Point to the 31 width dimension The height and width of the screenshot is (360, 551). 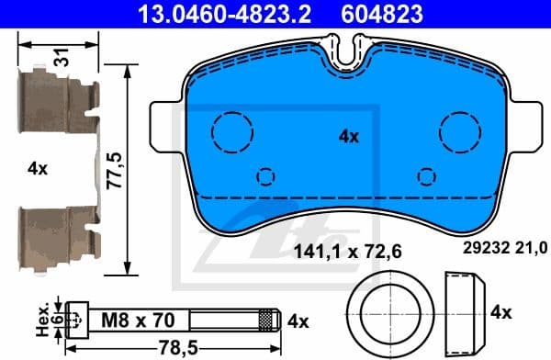(61, 57)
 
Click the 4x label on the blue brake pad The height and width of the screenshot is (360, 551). (348, 136)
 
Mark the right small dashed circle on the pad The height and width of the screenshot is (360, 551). (425, 175)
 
